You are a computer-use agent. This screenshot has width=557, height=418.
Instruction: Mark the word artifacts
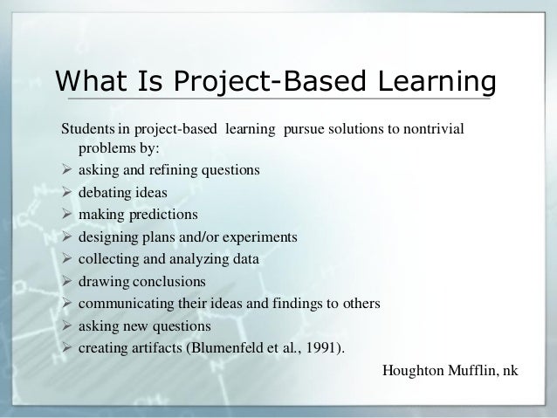click(x=155, y=349)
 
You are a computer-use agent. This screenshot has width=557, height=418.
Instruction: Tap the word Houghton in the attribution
click(x=411, y=371)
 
